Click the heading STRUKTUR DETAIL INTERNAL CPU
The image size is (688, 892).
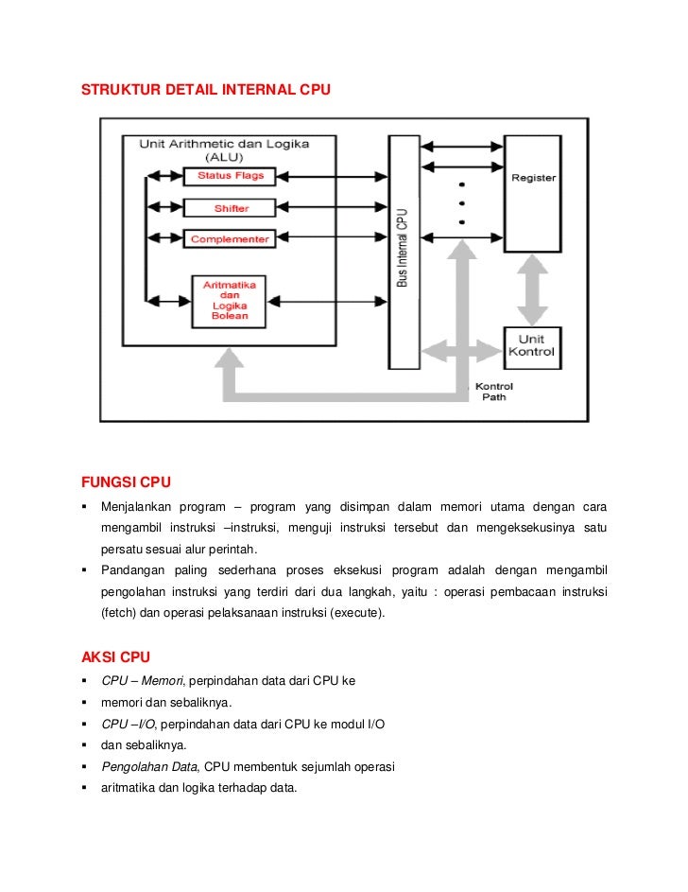(207, 90)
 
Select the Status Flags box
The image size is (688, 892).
(230, 176)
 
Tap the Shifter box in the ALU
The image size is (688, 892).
(230, 207)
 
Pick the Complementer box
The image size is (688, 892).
(230, 239)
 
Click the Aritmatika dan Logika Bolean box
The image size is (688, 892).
(230, 301)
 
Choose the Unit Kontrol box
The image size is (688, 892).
(532, 345)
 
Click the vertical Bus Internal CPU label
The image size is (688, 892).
(403, 248)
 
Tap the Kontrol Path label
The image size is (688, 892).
(493, 392)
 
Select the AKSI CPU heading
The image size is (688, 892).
(115, 656)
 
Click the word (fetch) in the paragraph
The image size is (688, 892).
(119, 613)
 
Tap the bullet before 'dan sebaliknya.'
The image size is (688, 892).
(85, 744)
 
